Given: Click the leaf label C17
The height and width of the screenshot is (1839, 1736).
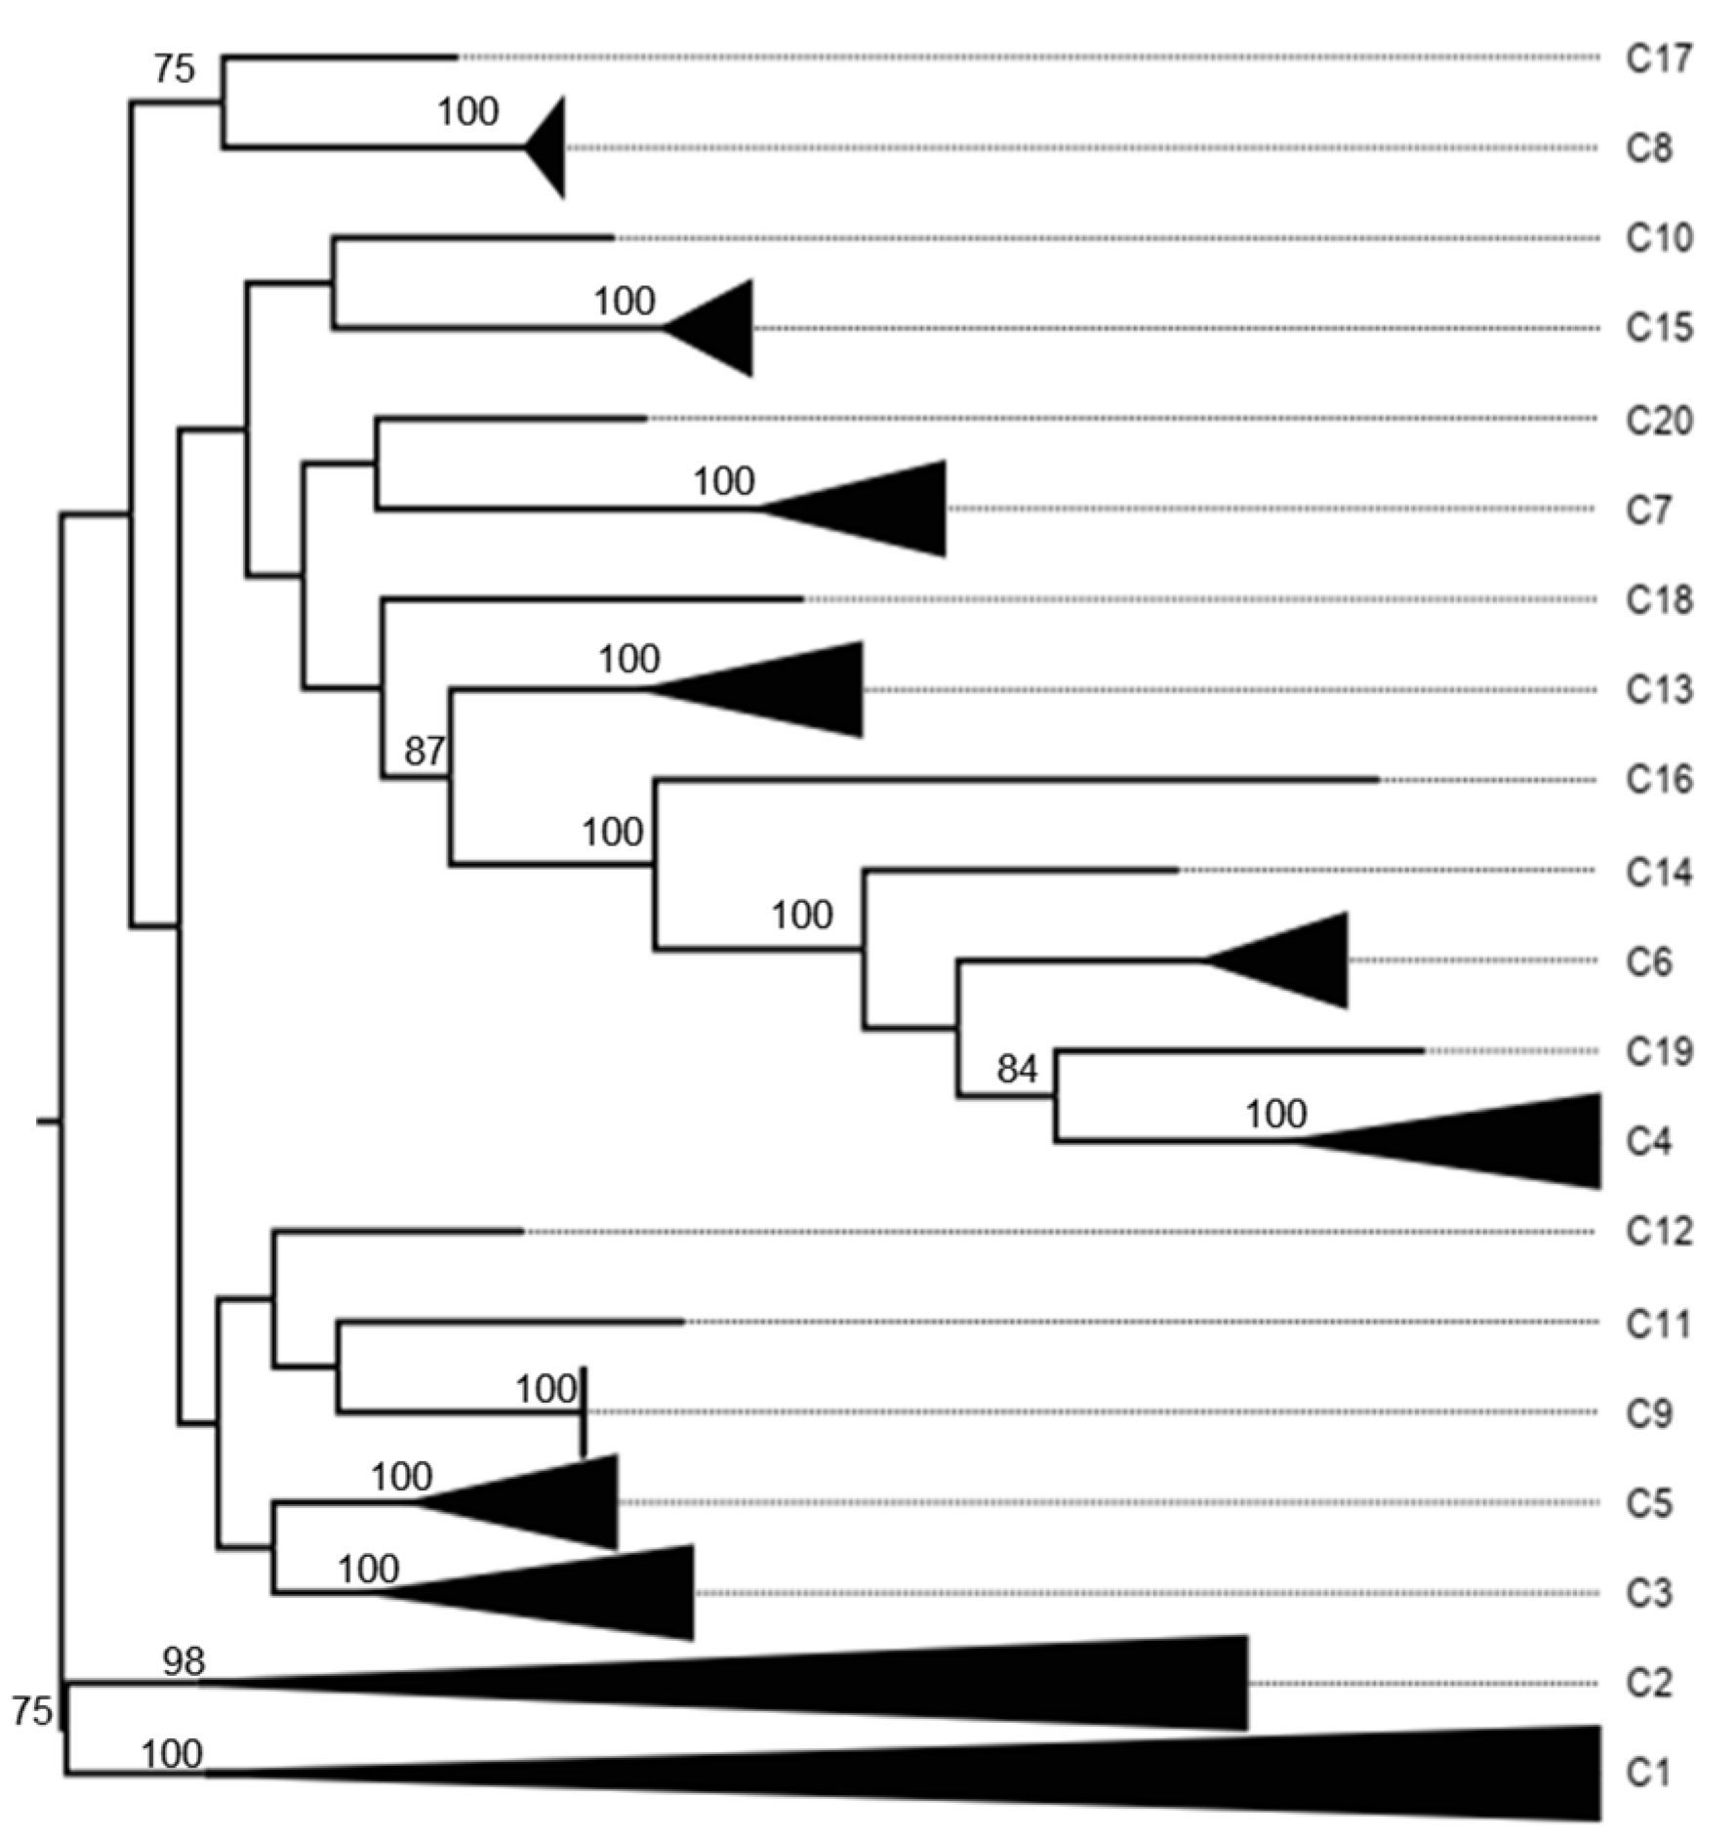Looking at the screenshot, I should (x=1658, y=59).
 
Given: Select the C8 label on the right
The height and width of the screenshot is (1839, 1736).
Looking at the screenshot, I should (x=1648, y=148).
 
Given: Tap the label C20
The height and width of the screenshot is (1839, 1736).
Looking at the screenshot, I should (x=1658, y=420).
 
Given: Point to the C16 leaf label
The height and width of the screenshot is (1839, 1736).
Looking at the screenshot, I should (x=1658, y=779).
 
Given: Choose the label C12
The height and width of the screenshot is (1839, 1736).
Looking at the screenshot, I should (x=1658, y=1231).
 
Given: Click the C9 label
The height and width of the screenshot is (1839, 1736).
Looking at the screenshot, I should (x=1648, y=1412).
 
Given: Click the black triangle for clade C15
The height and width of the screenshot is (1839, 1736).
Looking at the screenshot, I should (x=722, y=328).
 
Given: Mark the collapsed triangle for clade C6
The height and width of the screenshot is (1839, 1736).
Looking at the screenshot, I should (x=1298, y=960).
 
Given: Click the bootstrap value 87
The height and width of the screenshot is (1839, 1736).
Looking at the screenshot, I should (x=424, y=751).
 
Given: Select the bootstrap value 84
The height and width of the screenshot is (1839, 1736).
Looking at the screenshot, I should (x=1016, y=1070).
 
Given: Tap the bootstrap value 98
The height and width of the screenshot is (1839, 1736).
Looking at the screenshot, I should (x=183, y=1660).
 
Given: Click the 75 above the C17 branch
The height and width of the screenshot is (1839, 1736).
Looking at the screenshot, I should (x=174, y=68).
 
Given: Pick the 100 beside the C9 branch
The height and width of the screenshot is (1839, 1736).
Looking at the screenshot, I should (x=545, y=1388).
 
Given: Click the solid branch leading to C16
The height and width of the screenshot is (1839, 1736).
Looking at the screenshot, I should (x=1015, y=780).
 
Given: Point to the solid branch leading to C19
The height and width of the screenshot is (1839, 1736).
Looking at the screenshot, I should (x=1239, y=1051).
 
